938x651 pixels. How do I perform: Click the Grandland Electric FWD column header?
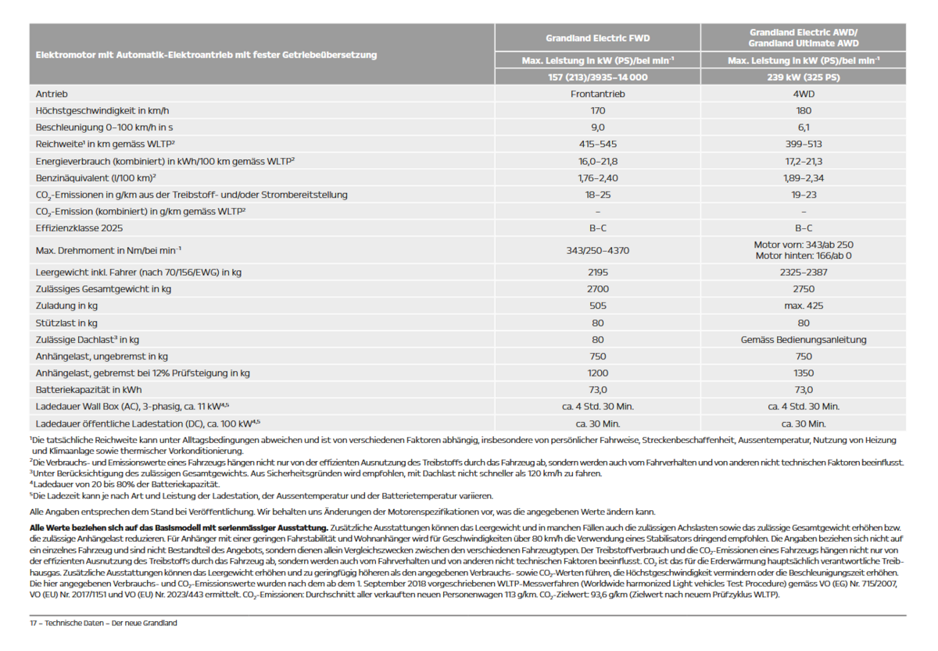click(597, 38)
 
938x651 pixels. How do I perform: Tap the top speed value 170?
click(597, 110)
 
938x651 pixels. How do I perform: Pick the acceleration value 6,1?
click(803, 127)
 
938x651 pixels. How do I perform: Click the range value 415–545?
click(597, 144)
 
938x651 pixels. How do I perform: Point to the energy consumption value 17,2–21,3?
click(803, 161)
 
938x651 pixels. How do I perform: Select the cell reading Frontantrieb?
click(597, 94)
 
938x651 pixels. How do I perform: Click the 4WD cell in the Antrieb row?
click(803, 94)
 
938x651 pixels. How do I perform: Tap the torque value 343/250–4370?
click(597, 250)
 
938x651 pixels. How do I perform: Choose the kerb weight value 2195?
click(597, 273)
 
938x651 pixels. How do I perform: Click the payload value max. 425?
click(803, 306)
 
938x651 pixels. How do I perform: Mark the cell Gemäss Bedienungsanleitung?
click(803, 339)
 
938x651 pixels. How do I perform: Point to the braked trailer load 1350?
click(803, 373)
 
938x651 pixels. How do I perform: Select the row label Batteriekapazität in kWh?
click(88, 389)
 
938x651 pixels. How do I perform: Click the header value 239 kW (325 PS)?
click(803, 77)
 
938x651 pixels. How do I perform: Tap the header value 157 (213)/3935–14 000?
click(597, 77)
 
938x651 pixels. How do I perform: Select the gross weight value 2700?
click(597, 289)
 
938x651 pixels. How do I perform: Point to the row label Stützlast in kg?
click(66, 323)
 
